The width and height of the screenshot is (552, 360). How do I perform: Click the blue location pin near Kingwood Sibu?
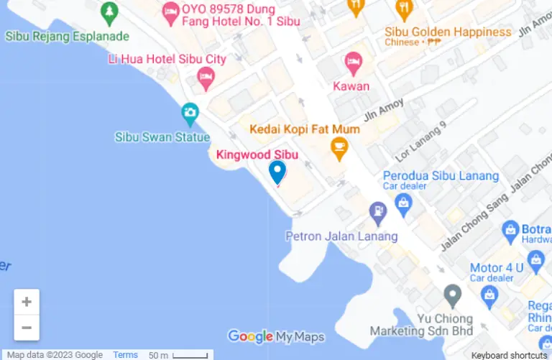coord(277,171)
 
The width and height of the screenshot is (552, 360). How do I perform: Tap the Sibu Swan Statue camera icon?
coord(190,112)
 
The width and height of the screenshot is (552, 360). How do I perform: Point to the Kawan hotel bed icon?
coord(352,63)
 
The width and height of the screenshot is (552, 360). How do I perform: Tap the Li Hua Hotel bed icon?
coord(206,77)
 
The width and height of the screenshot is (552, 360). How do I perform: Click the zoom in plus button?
coord(27,302)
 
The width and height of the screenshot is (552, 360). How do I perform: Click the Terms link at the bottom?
coord(125,355)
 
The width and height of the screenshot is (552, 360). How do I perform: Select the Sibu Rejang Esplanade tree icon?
coord(109,11)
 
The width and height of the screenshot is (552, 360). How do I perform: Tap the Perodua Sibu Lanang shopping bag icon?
coord(403,203)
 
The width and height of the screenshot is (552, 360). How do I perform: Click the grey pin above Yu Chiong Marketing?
coord(452,294)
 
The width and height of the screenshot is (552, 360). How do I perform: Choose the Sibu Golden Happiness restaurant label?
coord(448,32)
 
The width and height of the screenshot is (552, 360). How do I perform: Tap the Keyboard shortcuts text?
coord(509,355)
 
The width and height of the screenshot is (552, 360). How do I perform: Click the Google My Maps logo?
coord(275,336)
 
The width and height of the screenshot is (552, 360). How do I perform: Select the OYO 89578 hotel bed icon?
coord(170,10)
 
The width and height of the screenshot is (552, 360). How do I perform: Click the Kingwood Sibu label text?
coord(257,154)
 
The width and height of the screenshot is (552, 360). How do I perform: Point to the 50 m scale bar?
coord(178,355)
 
